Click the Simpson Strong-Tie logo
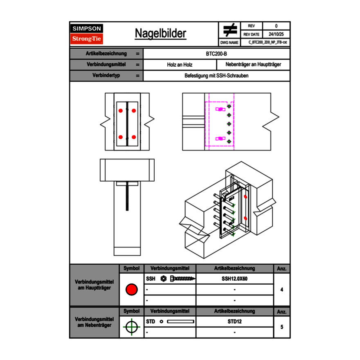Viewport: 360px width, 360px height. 87,34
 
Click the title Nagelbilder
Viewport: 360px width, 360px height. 160,34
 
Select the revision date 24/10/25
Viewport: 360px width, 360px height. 276,34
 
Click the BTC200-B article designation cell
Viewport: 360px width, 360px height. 217,54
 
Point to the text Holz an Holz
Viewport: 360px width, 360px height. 180,65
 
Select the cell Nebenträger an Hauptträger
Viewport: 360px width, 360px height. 253,65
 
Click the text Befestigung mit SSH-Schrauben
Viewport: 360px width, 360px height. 217,76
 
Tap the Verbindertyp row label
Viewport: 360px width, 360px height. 106,76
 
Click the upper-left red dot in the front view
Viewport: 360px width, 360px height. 121,110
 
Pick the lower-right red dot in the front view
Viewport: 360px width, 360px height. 134,137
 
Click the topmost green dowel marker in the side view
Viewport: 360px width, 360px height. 229,106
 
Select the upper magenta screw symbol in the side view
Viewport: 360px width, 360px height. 220,109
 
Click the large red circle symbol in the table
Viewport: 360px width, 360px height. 131,290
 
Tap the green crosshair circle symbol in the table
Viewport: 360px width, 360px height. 131,327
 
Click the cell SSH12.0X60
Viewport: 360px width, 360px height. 234,279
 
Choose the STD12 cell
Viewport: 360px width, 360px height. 234,322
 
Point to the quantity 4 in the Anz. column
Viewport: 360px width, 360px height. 282,290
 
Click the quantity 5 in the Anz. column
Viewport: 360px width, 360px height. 282,327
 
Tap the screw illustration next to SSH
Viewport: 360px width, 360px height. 183,279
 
